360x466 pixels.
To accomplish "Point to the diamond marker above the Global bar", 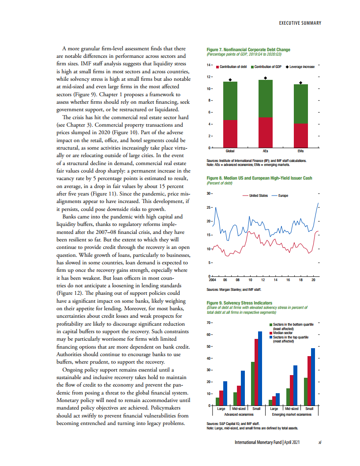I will pos(230,80).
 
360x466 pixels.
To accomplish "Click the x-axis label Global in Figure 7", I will pos(230,151).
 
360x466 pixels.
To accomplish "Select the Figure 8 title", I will pos(259,178).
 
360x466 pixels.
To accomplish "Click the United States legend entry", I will pos(255,195).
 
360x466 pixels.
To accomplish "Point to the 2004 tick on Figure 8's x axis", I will pos(212,280).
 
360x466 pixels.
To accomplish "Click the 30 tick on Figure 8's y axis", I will pos(210,193).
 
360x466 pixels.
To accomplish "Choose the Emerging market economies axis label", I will pos(292,415).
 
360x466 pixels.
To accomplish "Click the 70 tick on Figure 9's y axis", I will pos(210,323).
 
